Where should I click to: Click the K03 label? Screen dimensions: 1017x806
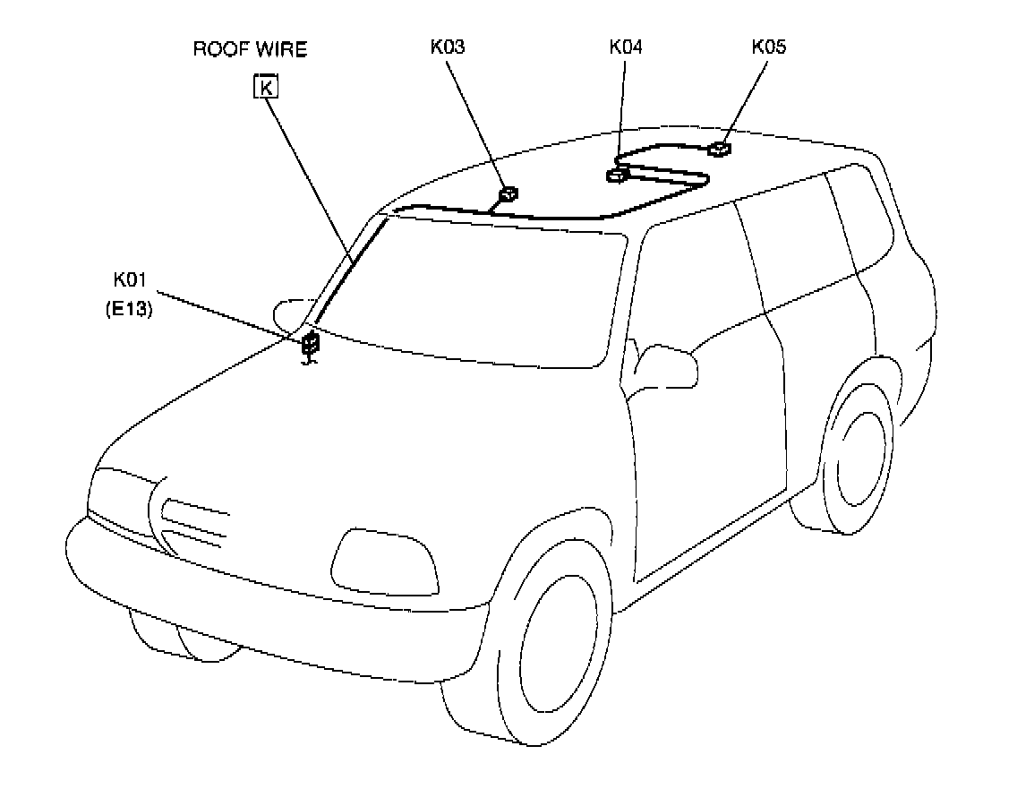pyautogui.click(x=448, y=47)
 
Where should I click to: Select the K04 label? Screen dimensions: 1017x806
pyautogui.click(x=626, y=47)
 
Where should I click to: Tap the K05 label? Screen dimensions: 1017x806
pyautogui.click(x=769, y=47)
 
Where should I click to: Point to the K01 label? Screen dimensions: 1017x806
pyautogui.click(x=130, y=279)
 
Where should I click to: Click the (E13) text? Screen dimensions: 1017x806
pyautogui.click(x=129, y=309)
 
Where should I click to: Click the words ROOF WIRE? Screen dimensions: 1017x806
pyautogui.click(x=251, y=49)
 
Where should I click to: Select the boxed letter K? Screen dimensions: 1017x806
pyautogui.click(x=265, y=87)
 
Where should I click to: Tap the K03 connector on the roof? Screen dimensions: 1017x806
pyautogui.click(x=508, y=194)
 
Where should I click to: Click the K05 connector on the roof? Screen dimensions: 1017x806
pyautogui.click(x=719, y=149)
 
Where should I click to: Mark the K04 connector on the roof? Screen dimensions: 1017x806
pyautogui.click(x=617, y=176)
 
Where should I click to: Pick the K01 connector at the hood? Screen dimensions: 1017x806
pyautogui.click(x=311, y=344)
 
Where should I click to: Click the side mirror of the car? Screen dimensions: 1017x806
pyautogui.click(x=662, y=367)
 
